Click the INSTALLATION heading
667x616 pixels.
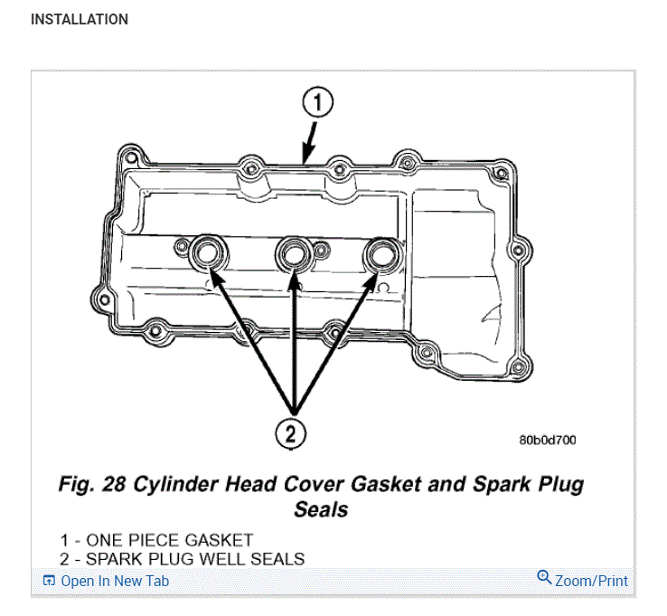click(x=80, y=19)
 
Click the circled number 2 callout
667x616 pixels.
click(x=291, y=433)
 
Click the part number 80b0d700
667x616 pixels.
click(x=548, y=441)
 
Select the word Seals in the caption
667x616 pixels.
click(x=321, y=509)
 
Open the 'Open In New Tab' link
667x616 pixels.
click(x=114, y=581)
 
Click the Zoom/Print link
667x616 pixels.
click(x=591, y=581)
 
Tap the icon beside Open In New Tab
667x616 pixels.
click(x=49, y=581)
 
